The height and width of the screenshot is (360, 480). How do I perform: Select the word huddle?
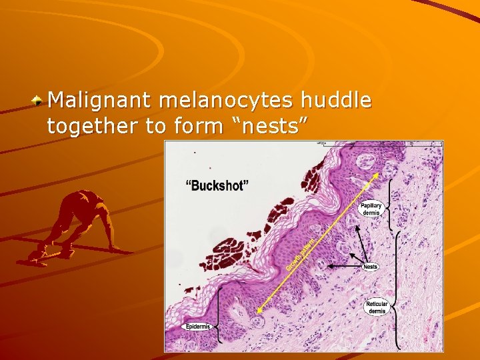[x=335, y=101]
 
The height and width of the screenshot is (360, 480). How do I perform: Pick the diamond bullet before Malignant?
[x=39, y=101]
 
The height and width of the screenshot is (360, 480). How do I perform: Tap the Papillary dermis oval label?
[x=371, y=209]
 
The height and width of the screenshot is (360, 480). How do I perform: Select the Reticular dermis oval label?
[x=377, y=307]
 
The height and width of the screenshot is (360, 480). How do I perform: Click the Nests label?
[x=371, y=267]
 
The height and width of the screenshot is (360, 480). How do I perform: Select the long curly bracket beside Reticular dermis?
[x=398, y=290]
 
